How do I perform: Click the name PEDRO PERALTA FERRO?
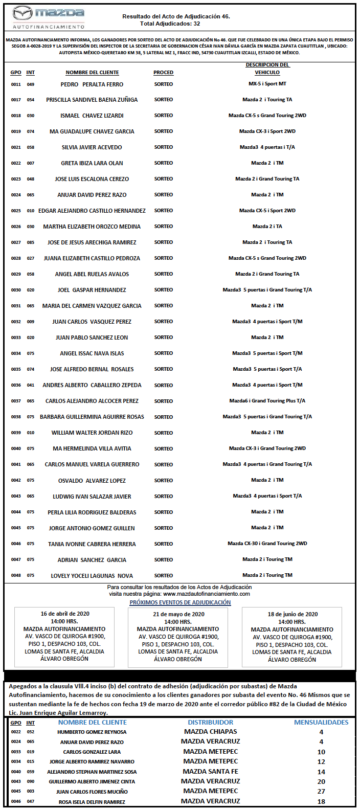pos(92,84)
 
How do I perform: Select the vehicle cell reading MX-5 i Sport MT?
pos(267,84)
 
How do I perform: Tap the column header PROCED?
pos(164,73)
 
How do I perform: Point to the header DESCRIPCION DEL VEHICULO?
pos(267,69)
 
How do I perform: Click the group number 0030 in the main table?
pos(16,290)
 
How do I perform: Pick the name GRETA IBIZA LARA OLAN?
pos(92,163)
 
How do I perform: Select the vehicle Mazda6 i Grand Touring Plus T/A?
pos(267,401)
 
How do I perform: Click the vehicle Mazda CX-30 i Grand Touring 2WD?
pos(267,544)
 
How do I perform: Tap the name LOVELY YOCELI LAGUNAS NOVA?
pos(92,576)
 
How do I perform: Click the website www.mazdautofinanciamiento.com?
pos(207,594)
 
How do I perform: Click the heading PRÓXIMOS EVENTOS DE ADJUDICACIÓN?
pos(180,602)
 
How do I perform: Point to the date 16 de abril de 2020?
pos(65,614)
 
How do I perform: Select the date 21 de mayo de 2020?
pos(178,614)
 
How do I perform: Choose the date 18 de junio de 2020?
pos(292,614)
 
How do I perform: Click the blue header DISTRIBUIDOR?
pos(211,723)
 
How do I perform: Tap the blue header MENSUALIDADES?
pos(321,723)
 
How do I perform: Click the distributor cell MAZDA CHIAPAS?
pos(211,732)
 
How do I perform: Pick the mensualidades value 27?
pos(321,792)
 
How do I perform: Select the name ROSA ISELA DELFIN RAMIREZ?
pos(92,802)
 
